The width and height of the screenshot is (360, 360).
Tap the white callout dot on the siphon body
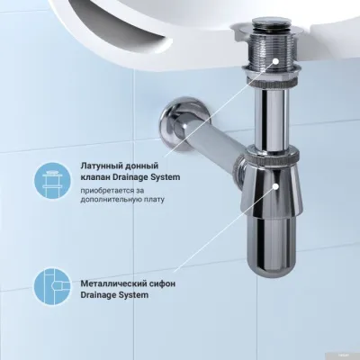click(267, 190)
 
